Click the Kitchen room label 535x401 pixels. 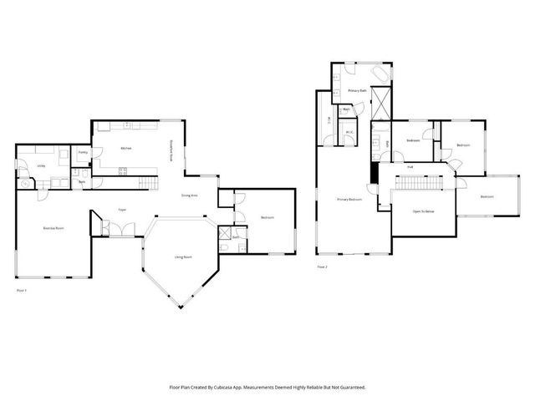125,149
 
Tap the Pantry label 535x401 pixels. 84,153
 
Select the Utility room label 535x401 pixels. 40,165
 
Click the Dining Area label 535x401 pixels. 190,195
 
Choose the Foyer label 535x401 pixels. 122,210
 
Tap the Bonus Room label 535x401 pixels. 54,227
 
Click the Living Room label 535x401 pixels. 183,256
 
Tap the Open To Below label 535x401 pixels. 422,212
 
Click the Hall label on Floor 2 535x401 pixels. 410,167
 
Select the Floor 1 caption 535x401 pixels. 23,290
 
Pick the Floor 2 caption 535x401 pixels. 322,267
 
